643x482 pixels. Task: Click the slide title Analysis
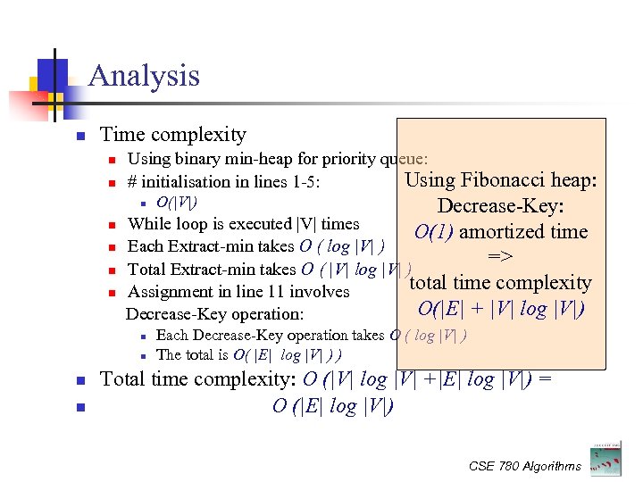pos(144,76)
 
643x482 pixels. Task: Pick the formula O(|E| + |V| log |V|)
pos(501,310)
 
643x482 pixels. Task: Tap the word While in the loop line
pos(147,224)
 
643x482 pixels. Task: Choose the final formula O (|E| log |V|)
pos(332,406)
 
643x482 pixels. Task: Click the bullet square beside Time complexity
pos(79,137)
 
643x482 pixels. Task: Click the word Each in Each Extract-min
pos(145,246)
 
